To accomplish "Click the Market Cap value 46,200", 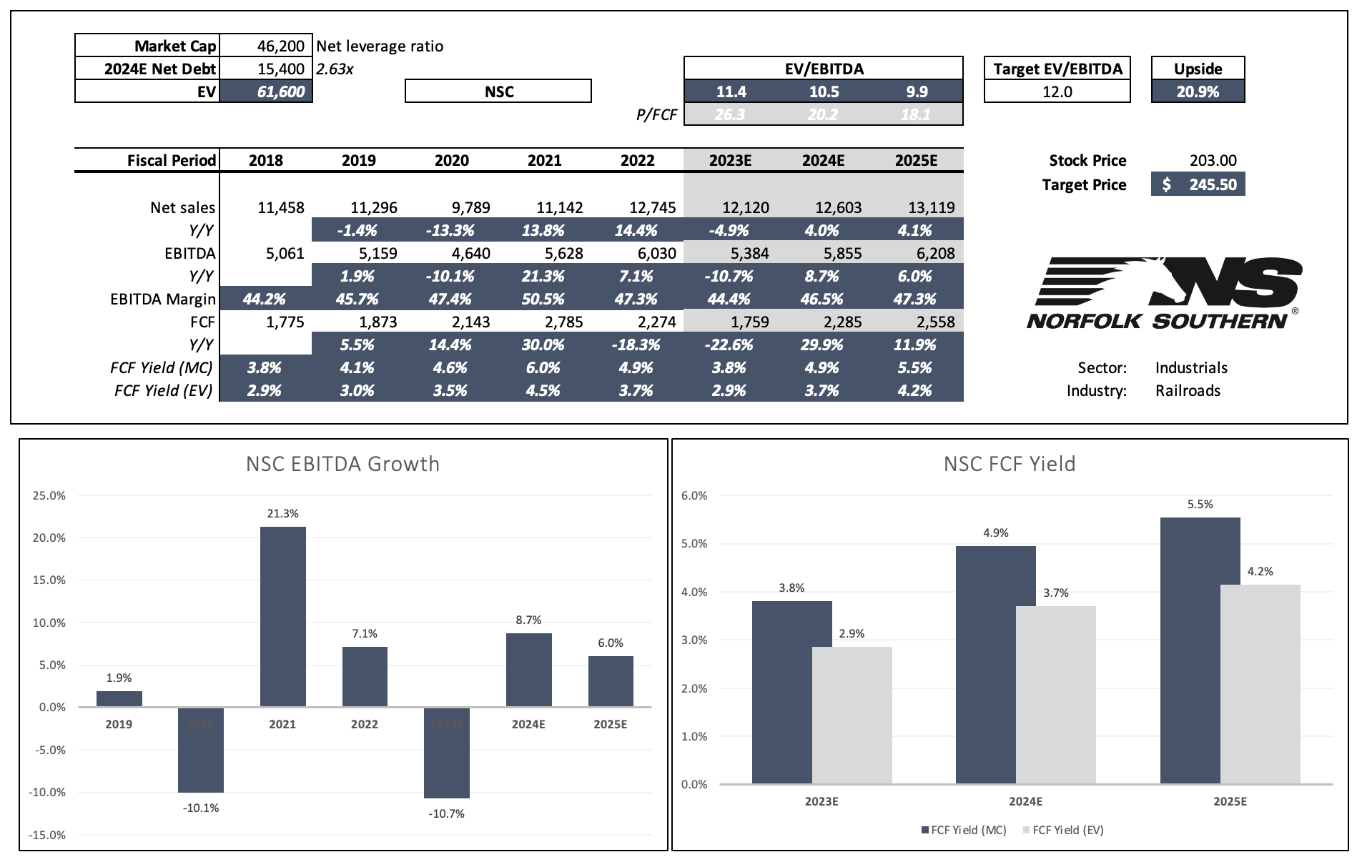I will [280, 46].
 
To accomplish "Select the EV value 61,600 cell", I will [266, 91].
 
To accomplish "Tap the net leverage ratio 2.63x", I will [335, 69].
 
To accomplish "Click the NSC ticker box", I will [498, 91].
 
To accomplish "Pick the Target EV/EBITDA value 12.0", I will [1057, 91].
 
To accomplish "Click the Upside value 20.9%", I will [1198, 91].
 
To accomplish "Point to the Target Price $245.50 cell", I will [1198, 184].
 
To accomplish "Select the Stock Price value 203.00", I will [1213, 161].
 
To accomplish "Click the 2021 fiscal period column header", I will [544, 161].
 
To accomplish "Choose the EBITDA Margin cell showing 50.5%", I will [543, 299].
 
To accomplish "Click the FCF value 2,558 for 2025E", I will [935, 322].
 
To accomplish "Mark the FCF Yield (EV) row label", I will [163, 391].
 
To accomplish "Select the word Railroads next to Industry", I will [1188, 391].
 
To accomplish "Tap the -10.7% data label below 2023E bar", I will [446, 813].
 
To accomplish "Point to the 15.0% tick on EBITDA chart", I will [49, 580].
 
